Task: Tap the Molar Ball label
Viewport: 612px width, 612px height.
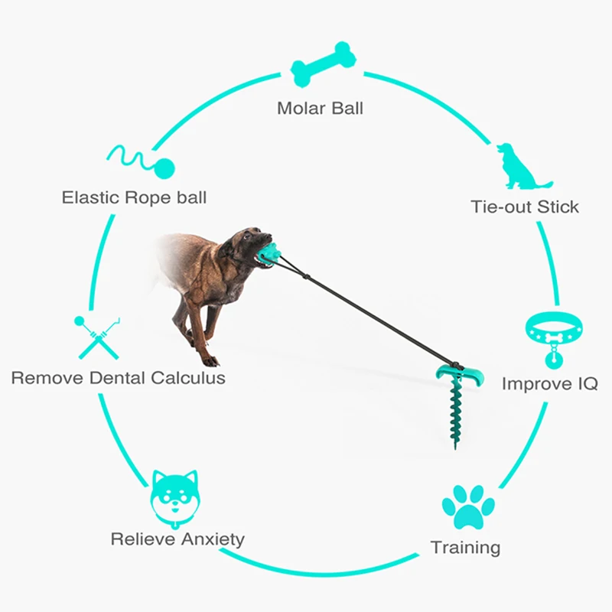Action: [x=320, y=108]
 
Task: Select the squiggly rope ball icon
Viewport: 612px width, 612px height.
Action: [x=142, y=158]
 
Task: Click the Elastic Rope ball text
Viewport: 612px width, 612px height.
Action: [x=134, y=197]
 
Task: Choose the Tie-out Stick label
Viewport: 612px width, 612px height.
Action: [x=525, y=207]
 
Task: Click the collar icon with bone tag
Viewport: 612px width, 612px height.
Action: [x=552, y=334]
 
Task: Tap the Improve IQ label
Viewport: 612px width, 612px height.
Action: [x=549, y=383]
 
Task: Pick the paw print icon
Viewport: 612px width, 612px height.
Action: [x=468, y=507]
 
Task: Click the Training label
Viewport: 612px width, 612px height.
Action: [x=465, y=548]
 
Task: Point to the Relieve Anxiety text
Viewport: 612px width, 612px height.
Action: [x=177, y=539]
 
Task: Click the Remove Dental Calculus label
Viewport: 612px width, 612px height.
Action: [x=119, y=378]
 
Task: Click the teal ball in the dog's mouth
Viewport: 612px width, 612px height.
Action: [x=269, y=254]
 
